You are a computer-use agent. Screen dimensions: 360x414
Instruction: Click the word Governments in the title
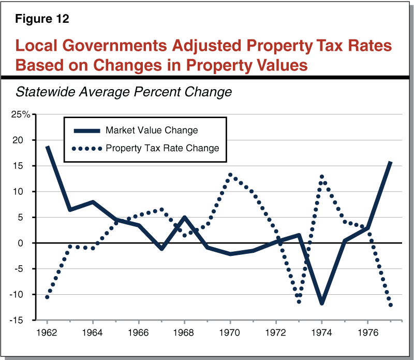pyautogui.click(x=124, y=46)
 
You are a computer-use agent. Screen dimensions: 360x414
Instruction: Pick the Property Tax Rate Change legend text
pyautogui.click(x=162, y=148)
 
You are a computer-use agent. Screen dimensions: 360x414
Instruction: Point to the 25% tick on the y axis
pyautogui.click(x=21, y=114)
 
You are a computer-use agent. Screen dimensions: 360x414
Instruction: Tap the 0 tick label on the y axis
pyautogui.click(x=27, y=243)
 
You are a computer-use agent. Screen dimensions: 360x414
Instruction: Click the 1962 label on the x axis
pyautogui.click(x=47, y=331)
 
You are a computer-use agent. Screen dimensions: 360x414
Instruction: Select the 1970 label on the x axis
pyautogui.click(x=230, y=331)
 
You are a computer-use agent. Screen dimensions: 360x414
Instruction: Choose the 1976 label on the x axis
pyautogui.click(x=367, y=331)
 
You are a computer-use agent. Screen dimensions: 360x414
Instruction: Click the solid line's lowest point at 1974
pyautogui.click(x=322, y=303)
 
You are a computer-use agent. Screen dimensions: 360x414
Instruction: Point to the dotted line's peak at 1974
pyautogui.click(x=322, y=177)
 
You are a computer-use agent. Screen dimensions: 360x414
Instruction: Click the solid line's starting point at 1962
pyautogui.click(x=47, y=147)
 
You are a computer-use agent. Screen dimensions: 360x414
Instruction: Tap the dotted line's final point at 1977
pyautogui.click(x=390, y=305)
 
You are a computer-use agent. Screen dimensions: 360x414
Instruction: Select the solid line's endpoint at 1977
pyautogui.click(x=390, y=162)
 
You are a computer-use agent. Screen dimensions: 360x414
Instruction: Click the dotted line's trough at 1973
pyautogui.click(x=299, y=301)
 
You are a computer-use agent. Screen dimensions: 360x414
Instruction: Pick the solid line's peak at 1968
pyautogui.click(x=185, y=218)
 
